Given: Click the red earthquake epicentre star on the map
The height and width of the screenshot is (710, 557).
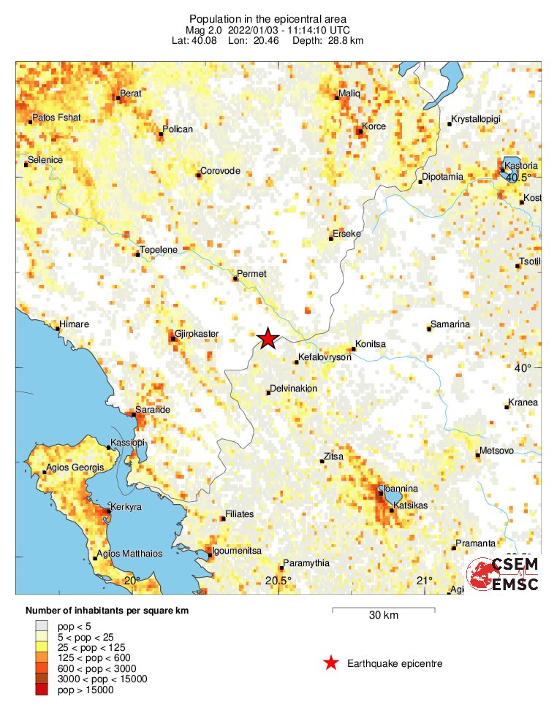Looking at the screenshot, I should coord(268,337).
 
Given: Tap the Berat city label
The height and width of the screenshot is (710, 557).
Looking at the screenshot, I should coord(132,93).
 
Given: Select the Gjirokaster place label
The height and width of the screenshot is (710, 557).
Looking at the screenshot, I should coord(198,334).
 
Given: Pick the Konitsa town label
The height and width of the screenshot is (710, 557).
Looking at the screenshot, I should coord(370,343).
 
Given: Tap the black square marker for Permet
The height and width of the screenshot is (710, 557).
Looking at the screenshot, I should coord(235,278).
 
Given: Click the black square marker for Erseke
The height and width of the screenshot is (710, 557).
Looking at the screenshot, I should coord(331,238).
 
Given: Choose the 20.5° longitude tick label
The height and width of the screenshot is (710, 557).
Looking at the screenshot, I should coord(278,581).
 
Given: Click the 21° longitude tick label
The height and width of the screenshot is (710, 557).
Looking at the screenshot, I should coord(425,581).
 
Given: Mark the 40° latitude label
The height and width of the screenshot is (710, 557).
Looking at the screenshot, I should coord(522,368).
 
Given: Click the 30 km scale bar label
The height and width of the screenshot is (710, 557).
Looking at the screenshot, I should coord(383,616).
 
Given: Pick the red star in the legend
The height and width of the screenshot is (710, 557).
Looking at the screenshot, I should coord(331,663).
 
